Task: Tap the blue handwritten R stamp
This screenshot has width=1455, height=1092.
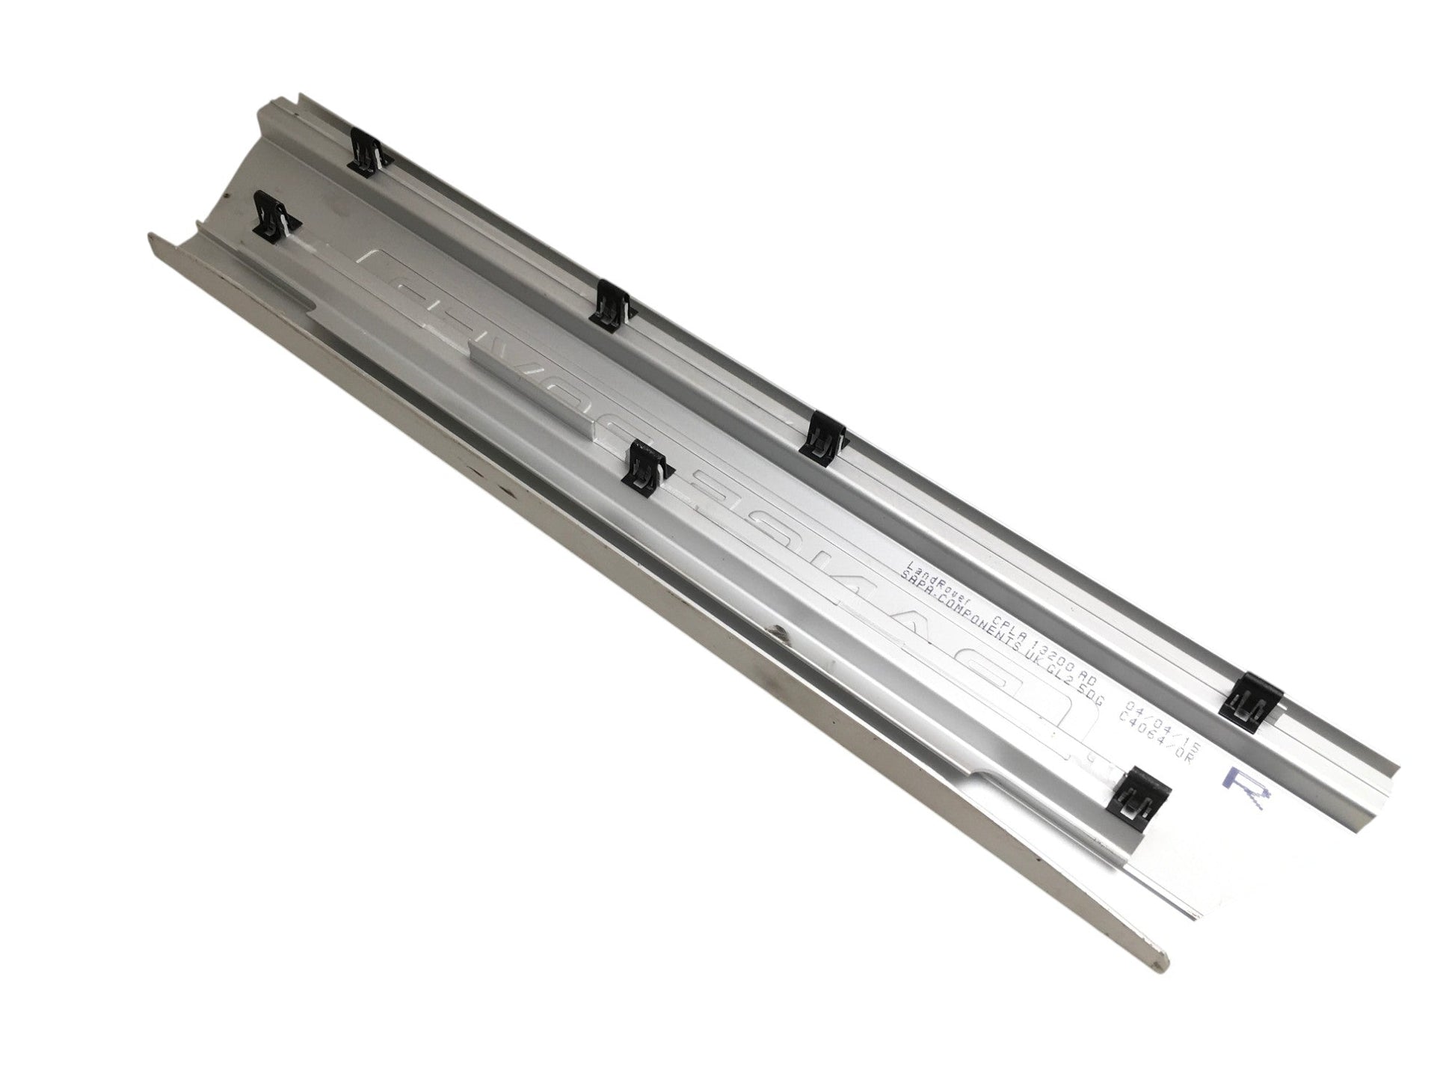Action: pos(1247,790)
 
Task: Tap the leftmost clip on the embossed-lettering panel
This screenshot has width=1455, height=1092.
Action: pos(272,216)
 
